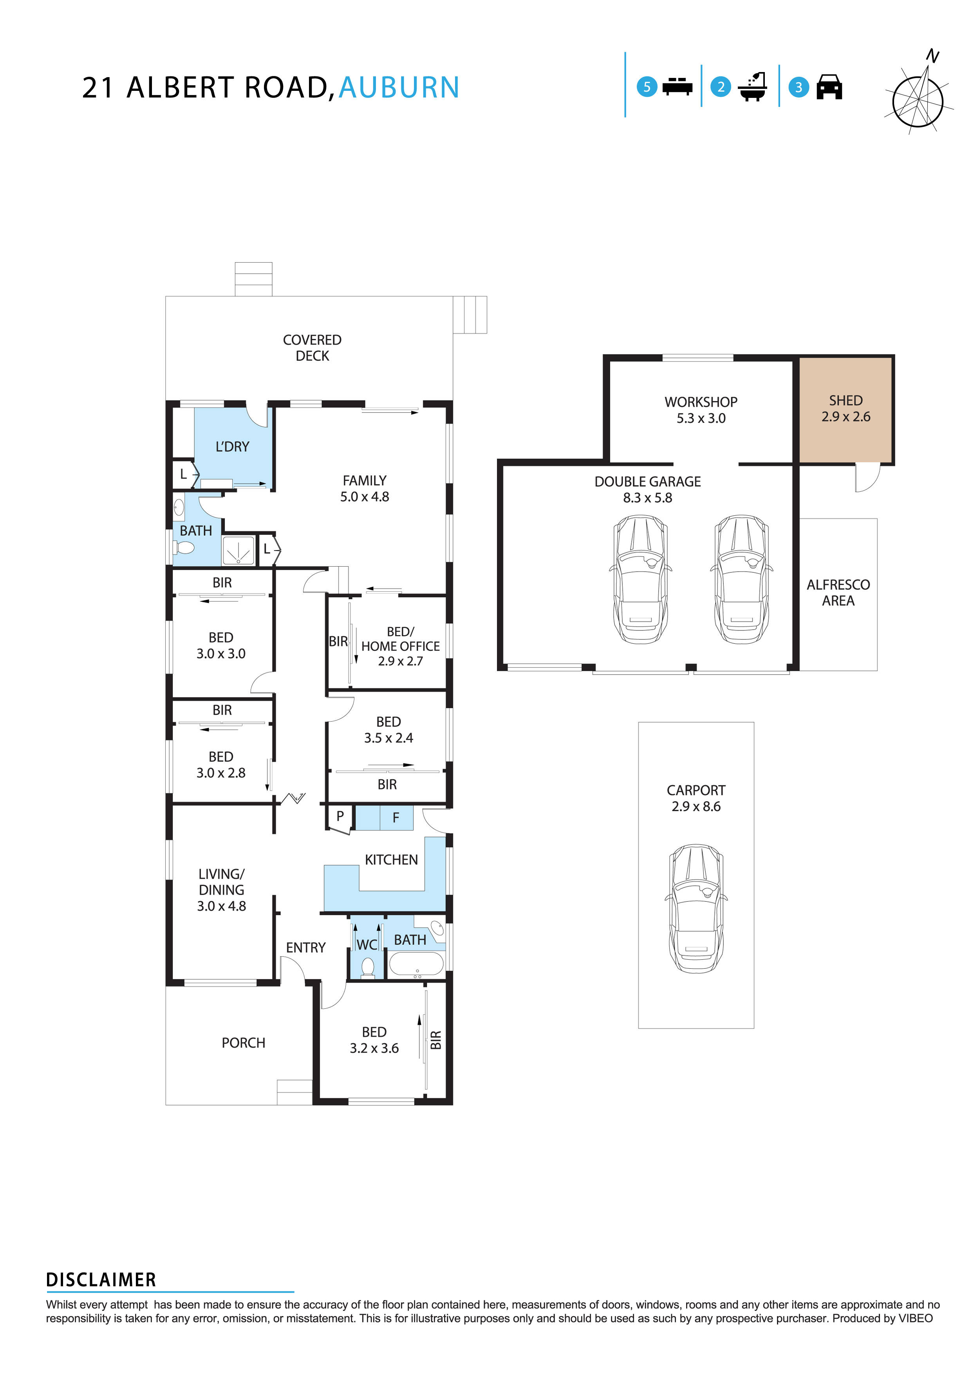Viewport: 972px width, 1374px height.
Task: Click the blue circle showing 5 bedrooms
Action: point(647,87)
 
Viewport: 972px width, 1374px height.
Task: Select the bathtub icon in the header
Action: point(752,87)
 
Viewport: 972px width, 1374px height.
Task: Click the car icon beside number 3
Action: point(829,87)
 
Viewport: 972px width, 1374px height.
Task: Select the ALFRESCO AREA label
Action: point(838,592)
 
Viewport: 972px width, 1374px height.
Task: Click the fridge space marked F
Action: point(396,818)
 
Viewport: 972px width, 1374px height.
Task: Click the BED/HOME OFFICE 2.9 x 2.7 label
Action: point(400,646)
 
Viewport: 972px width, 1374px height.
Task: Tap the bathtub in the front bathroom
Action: point(417,964)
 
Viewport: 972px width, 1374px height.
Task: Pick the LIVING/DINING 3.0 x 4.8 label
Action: point(221,890)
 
